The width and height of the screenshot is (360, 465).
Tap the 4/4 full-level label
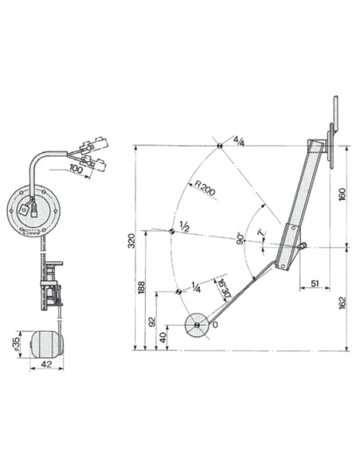pyautogui.click(x=238, y=141)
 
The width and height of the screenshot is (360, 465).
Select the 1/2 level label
pyautogui.click(x=184, y=226)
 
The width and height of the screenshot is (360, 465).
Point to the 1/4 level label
pyautogui.click(x=195, y=287)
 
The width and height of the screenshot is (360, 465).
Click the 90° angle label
pyautogui.click(x=240, y=240)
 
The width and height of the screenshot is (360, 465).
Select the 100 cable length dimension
pyautogui.click(x=76, y=169)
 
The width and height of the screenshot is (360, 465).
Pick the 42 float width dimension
pyautogui.click(x=46, y=365)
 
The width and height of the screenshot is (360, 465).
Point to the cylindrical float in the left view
pyautogui.click(x=47, y=344)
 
